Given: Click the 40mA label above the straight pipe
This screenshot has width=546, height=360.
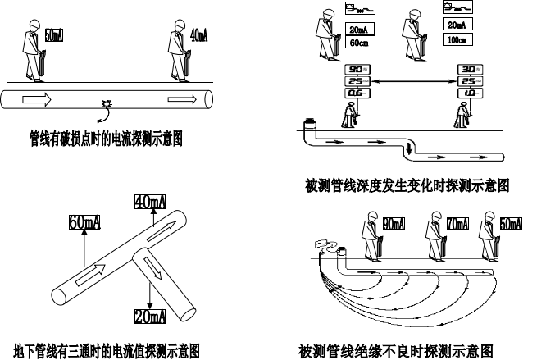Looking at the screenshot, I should click(x=198, y=36).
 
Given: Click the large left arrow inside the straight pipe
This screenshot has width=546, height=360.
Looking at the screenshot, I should click(x=35, y=99).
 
